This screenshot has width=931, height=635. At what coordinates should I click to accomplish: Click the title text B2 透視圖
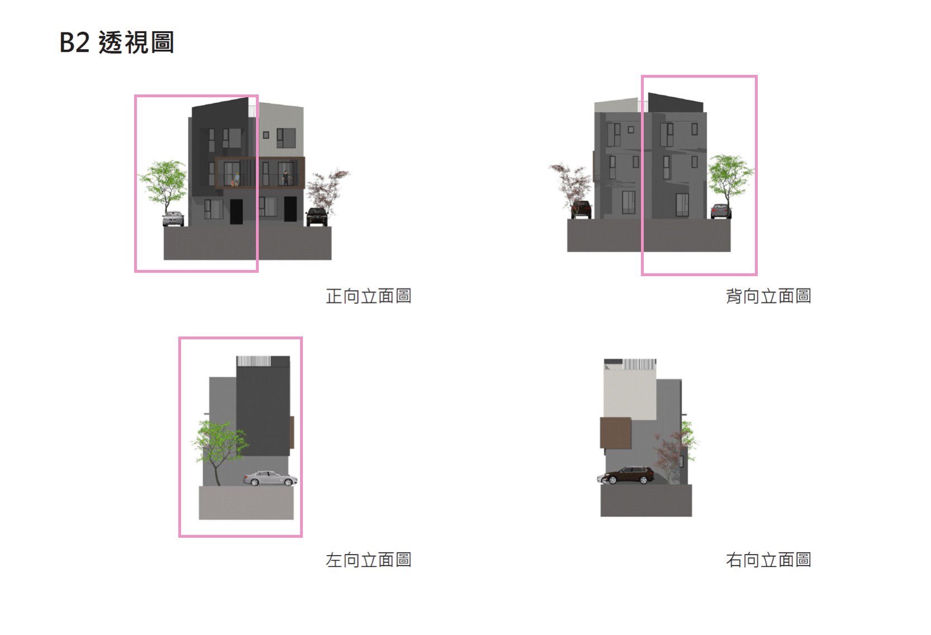click(x=117, y=42)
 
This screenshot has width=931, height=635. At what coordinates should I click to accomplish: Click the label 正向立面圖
click(x=369, y=296)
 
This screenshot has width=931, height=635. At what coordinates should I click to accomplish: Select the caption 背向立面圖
click(x=768, y=296)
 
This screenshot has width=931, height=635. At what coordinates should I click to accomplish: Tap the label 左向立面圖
click(x=369, y=560)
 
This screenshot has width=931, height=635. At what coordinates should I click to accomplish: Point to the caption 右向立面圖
click(x=768, y=560)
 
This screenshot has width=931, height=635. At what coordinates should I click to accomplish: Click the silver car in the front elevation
click(x=173, y=219)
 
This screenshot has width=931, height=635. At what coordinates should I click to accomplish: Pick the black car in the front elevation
click(x=317, y=217)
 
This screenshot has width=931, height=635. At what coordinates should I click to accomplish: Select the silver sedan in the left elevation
click(x=270, y=478)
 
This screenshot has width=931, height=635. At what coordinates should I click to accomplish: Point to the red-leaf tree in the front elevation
click(x=327, y=189)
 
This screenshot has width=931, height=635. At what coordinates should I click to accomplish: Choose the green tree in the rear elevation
click(x=730, y=179)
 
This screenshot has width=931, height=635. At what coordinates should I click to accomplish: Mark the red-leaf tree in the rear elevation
click(x=571, y=187)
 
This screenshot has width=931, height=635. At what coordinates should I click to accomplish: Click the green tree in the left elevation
click(x=218, y=449)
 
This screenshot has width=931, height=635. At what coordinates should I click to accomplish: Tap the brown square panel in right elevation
click(x=615, y=433)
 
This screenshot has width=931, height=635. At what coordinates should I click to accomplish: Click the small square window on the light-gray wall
click(x=266, y=135)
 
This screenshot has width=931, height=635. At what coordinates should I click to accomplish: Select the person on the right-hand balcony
click(x=286, y=178)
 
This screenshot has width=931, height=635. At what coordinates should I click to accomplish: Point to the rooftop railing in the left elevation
click(x=254, y=361)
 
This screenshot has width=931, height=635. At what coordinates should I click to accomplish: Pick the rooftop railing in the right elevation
click(x=640, y=364)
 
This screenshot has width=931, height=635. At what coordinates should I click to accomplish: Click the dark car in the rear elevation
click(x=581, y=209)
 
